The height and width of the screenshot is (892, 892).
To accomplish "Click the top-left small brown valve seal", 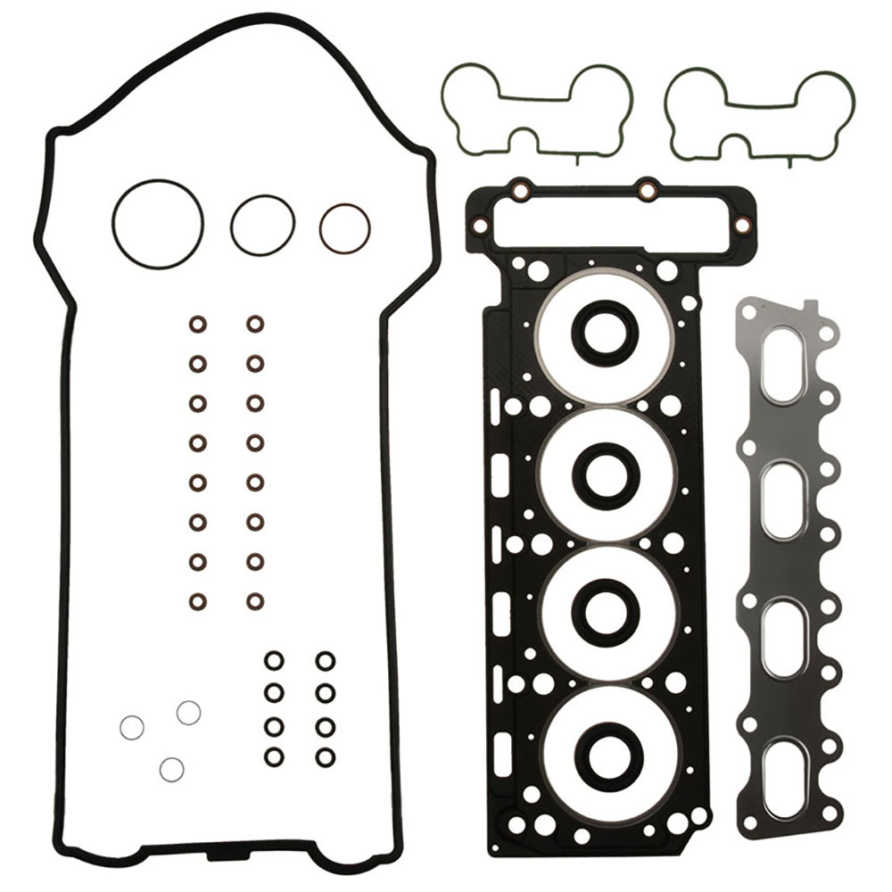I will coord(197,323).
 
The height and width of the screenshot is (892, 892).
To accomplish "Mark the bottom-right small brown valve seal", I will coord(255,601).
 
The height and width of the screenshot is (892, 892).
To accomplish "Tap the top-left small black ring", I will coord(275,660).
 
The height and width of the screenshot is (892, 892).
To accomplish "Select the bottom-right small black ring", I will coord(325,756).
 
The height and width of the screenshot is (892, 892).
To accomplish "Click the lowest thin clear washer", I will coord(171,768).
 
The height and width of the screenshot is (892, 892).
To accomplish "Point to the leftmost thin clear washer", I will coord(132,728).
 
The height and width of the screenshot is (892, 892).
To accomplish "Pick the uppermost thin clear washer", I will coord(188,712).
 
